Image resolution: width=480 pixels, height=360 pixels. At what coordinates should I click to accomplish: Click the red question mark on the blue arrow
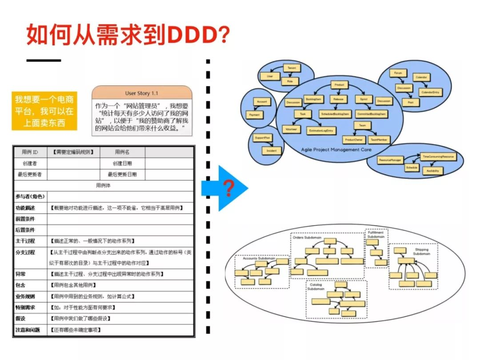point(229,188)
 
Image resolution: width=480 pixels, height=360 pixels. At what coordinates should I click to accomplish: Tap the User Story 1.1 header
point(142,93)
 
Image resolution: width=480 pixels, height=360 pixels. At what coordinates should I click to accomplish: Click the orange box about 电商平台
point(44,111)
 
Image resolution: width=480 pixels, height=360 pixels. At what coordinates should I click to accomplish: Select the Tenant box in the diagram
point(292,68)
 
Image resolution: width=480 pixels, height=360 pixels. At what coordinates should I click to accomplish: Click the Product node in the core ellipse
point(339,84)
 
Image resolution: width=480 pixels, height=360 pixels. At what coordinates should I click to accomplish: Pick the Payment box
point(254,115)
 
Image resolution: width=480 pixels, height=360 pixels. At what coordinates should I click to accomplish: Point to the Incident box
point(272,151)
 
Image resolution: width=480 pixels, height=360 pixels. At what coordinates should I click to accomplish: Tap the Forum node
point(398,73)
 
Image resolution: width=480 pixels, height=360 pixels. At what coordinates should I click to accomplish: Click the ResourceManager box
point(390,159)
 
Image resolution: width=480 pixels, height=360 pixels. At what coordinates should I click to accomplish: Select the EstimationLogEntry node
point(322,130)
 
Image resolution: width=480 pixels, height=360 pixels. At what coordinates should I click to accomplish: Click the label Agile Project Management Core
point(336,150)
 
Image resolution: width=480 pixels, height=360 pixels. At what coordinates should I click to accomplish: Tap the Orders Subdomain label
point(307,238)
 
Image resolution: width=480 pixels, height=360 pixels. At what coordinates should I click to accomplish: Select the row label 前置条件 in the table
point(25,219)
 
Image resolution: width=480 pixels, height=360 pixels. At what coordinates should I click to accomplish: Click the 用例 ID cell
point(30,152)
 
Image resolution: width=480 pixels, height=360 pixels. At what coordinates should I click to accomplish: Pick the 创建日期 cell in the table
point(122,164)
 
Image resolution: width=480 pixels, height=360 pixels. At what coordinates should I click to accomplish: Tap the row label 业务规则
point(25,296)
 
